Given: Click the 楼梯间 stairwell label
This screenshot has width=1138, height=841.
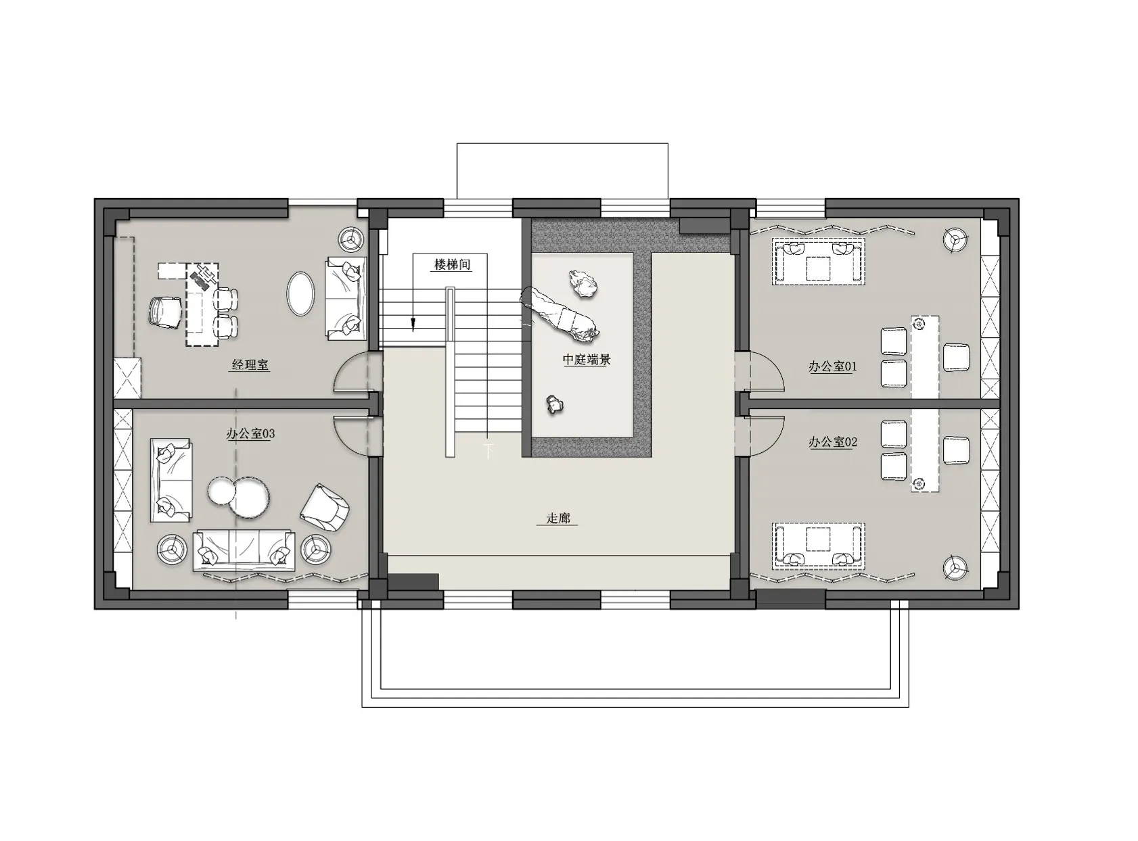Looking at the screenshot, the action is click(x=452, y=264).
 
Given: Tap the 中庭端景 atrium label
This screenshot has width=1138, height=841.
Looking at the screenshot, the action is click(x=587, y=360).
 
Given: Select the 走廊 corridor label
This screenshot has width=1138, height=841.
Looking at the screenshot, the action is click(x=557, y=518).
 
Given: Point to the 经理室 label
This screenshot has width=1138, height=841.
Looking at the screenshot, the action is click(x=250, y=365).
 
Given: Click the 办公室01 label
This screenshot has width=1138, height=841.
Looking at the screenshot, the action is click(x=832, y=366).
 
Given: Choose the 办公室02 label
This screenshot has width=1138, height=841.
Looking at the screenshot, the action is click(x=832, y=442).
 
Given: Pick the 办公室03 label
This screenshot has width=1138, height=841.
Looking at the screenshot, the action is click(x=250, y=434).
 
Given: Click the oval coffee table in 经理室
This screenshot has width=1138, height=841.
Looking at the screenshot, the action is click(x=300, y=293).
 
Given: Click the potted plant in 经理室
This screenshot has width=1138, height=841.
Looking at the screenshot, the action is click(x=351, y=239).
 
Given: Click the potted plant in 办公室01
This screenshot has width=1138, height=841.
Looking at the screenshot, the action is click(x=955, y=240).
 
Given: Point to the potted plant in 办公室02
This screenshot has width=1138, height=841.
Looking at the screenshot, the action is click(x=955, y=567).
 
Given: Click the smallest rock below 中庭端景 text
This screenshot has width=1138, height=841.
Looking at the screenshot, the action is click(x=554, y=404).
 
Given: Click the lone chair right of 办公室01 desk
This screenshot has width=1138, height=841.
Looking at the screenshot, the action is click(x=956, y=357).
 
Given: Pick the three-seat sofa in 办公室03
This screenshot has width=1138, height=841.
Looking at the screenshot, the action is click(x=244, y=550).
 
